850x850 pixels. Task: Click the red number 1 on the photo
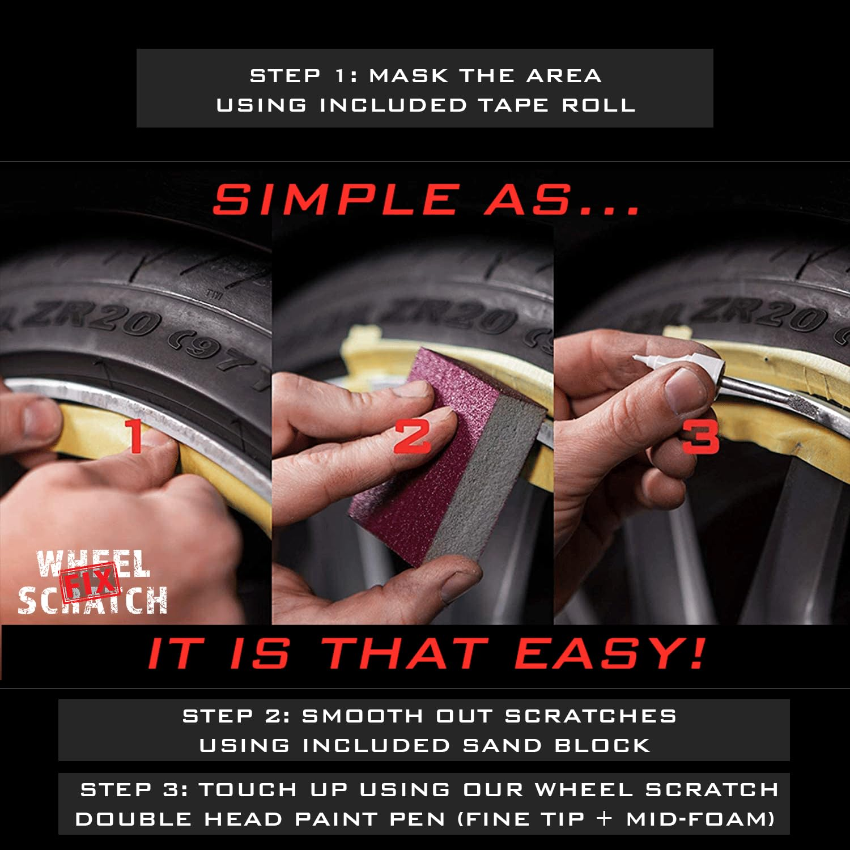coord(135,436)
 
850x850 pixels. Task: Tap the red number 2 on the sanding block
coord(412,437)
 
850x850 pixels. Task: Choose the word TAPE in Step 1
coord(513,105)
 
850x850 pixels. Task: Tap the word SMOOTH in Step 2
coord(362,716)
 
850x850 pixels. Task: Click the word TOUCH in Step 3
coord(248,790)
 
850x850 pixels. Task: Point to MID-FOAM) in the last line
coord(700,819)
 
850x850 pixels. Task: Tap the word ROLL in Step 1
coord(598,105)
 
